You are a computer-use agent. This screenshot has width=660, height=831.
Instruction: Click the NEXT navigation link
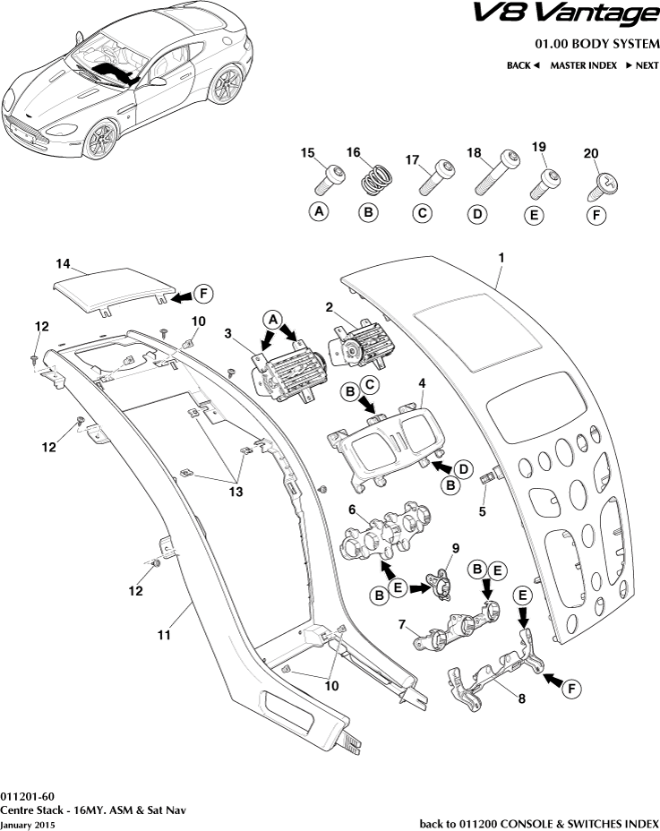[641, 65]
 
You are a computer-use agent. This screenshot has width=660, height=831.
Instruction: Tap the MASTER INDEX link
[583, 65]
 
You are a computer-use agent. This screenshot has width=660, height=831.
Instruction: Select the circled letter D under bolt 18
[477, 214]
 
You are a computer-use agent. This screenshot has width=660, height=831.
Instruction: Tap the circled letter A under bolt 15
[317, 212]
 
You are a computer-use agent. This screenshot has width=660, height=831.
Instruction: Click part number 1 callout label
[501, 257]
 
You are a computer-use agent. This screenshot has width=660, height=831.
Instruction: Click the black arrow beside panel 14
[179, 295]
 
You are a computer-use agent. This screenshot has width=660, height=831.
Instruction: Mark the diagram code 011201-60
[28, 796]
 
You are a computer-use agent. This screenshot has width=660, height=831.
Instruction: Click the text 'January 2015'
[28, 823]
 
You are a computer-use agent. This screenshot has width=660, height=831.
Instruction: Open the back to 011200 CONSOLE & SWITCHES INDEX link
[539, 823]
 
